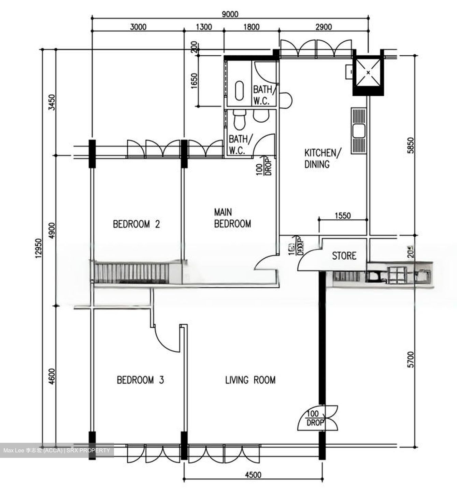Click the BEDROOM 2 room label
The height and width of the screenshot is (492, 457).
click(x=136, y=224)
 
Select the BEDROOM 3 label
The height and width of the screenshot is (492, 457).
click(x=140, y=380)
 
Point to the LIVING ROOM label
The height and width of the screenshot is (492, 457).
click(x=250, y=380)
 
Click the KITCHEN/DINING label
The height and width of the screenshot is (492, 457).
click(x=322, y=158)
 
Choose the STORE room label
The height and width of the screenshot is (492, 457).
click(x=344, y=256)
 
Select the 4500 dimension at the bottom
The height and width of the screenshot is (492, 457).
click(x=253, y=475)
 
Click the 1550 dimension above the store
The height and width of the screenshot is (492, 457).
click(x=342, y=216)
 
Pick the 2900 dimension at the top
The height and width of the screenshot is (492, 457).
click(x=323, y=27)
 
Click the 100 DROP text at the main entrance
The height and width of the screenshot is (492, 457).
click(x=315, y=418)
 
